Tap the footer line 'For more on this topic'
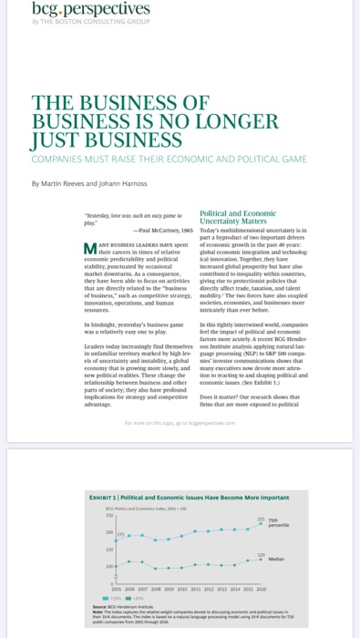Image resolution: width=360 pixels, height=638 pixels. click(x=182, y=423)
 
